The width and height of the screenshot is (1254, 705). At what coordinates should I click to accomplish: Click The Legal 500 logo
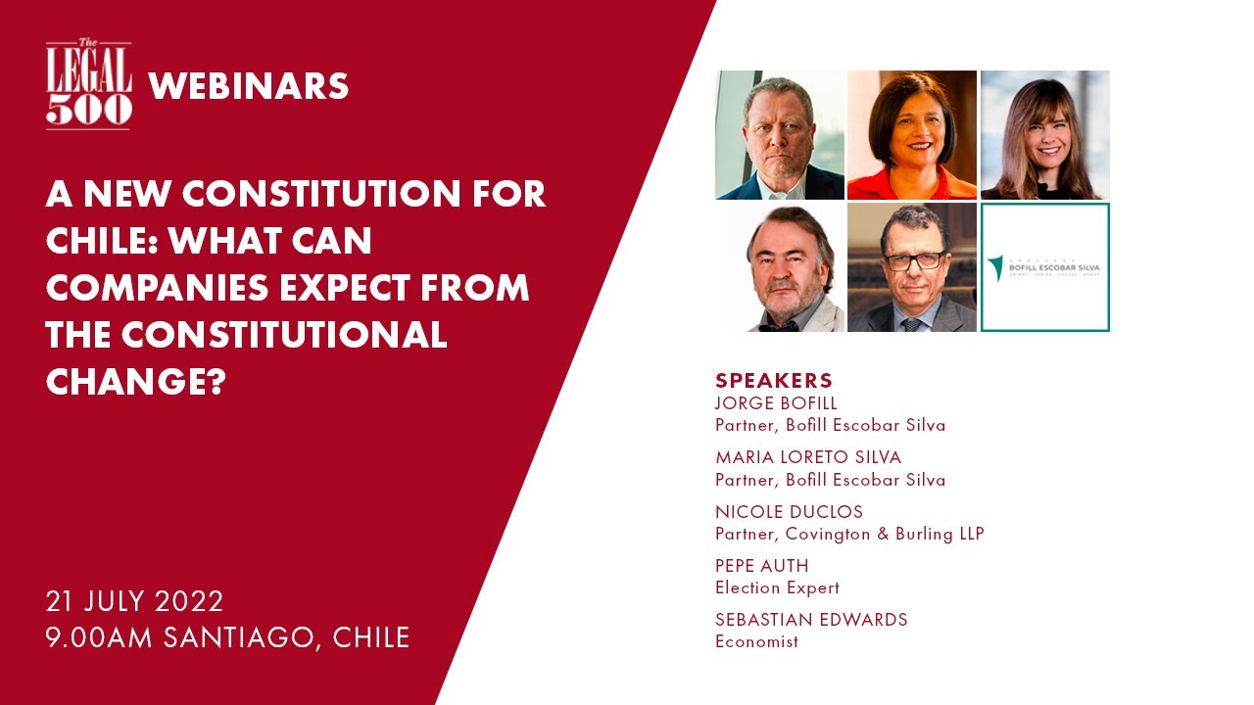[88, 86]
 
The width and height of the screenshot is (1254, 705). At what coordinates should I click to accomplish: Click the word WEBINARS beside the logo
[249, 87]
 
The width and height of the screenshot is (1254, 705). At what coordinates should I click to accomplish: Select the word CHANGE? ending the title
[136, 383]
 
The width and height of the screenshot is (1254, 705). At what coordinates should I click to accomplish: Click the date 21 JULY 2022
[134, 600]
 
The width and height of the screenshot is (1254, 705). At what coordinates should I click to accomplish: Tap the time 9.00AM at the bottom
[98, 637]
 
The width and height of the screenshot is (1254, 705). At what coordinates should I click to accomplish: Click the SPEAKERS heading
[774, 381]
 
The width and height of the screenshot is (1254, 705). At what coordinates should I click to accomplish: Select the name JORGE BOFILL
[776, 403]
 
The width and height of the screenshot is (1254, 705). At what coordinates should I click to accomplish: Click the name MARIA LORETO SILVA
[808, 457]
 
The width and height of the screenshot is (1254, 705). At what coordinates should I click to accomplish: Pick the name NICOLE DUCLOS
[789, 512]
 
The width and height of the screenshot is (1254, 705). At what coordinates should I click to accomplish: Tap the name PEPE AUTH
[762, 566]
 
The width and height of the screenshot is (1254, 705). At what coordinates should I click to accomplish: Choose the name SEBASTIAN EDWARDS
[811, 620]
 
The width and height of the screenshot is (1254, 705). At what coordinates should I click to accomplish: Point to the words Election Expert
[777, 587]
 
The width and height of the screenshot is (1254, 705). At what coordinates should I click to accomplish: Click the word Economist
[756, 641]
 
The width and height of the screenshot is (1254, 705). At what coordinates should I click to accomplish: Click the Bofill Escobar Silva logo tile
[1044, 267]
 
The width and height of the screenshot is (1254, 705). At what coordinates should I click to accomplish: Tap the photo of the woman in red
[911, 135]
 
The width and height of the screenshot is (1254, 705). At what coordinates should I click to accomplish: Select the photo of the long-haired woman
[1044, 135]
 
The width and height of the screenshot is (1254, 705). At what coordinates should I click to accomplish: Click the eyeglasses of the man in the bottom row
[913, 260]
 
